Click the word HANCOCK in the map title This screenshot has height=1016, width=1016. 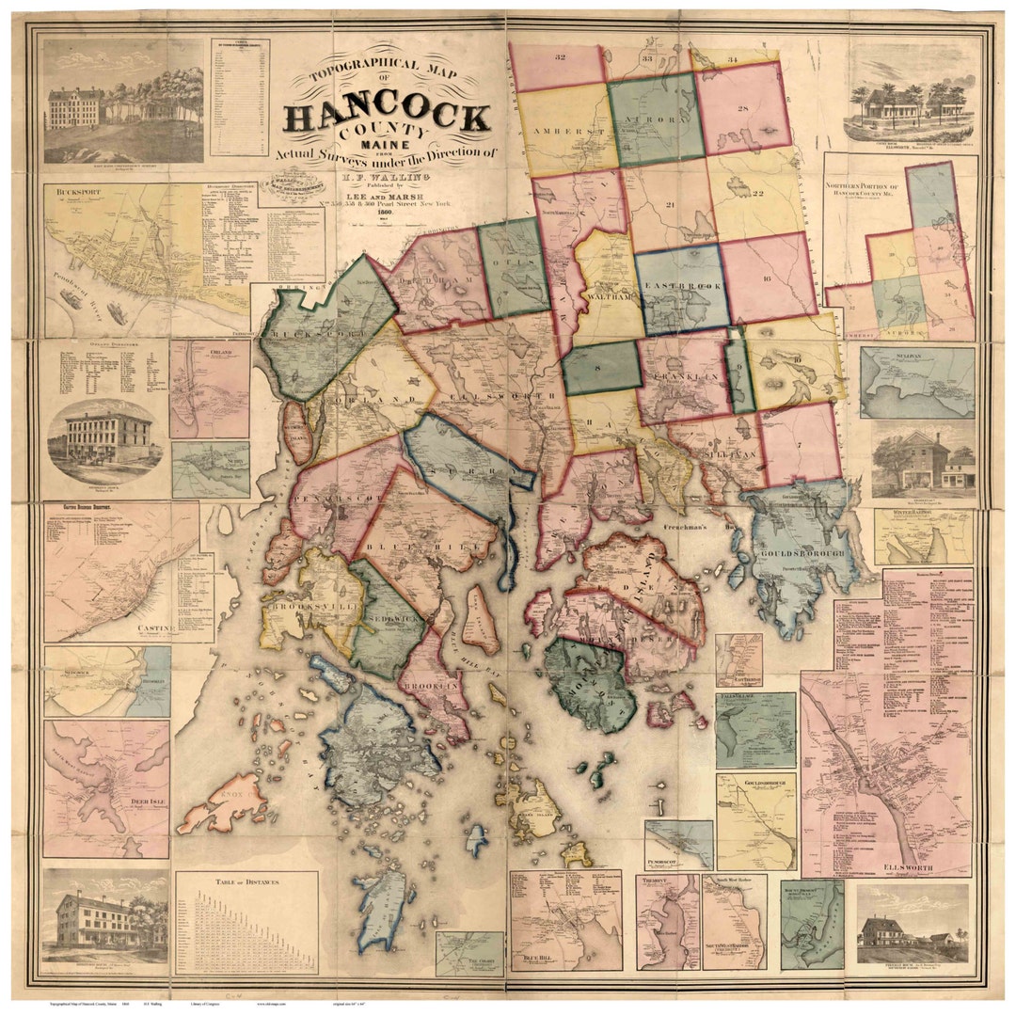pos(387,118)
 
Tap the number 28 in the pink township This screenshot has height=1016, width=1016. pos(742,110)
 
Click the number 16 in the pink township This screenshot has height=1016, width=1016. pos(767,279)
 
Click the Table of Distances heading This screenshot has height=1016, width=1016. pos(246,881)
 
